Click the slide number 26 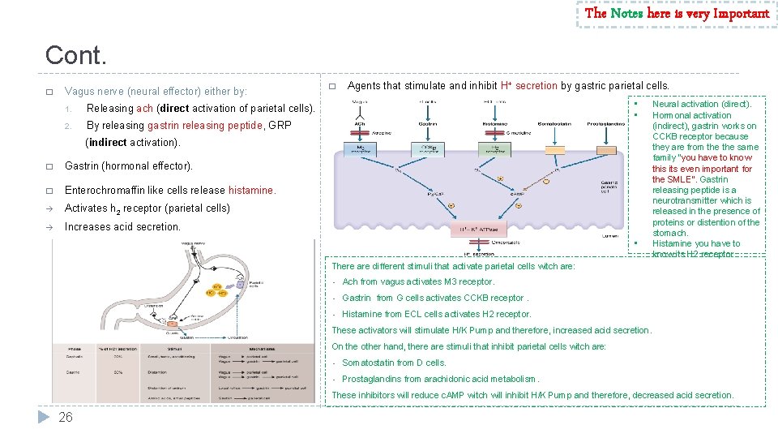[66, 417]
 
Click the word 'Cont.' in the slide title [76, 55]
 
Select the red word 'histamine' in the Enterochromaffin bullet [251, 190]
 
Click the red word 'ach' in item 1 [144, 108]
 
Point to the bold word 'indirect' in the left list [108, 142]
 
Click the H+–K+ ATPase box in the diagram [483, 230]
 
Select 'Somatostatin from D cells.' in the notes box [394, 363]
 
